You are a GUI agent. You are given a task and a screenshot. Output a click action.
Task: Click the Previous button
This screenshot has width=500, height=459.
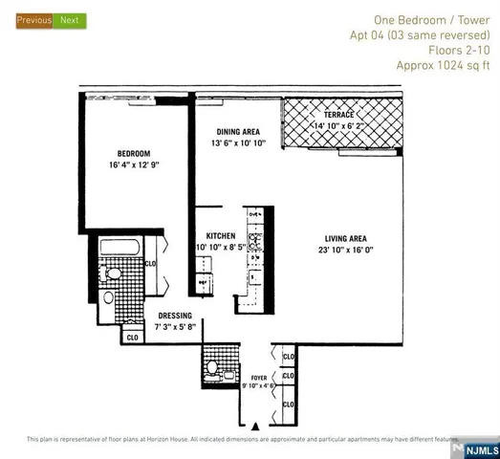tap(33, 19)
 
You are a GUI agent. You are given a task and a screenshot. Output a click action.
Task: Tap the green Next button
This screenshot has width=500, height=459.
tap(70, 19)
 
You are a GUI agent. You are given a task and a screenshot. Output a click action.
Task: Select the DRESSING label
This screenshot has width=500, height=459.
tap(176, 316)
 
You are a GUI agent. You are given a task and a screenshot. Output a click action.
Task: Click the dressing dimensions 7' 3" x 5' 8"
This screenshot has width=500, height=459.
tap(176, 328)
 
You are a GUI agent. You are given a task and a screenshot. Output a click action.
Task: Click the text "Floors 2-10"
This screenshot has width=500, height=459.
tap(458, 51)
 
